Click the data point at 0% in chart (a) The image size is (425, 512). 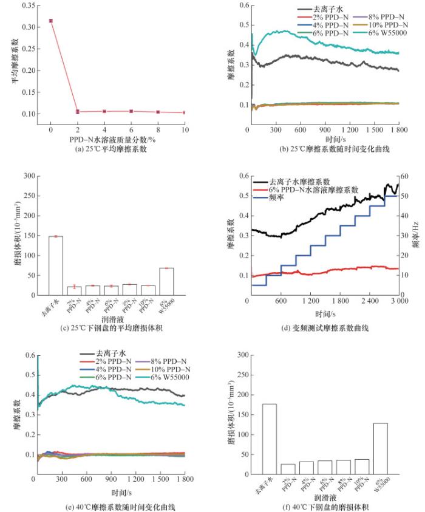tap(50, 21)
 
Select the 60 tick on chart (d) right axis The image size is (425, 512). tap(406, 176)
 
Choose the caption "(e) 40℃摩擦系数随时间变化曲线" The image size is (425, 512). tap(109, 505)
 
